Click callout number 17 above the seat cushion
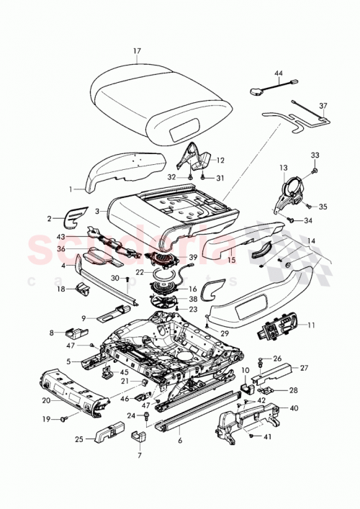137,51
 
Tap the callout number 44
279,73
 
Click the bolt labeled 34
291,220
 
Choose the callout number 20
45,400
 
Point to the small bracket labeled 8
73,333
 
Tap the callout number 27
303,369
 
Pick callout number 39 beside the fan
192,258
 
